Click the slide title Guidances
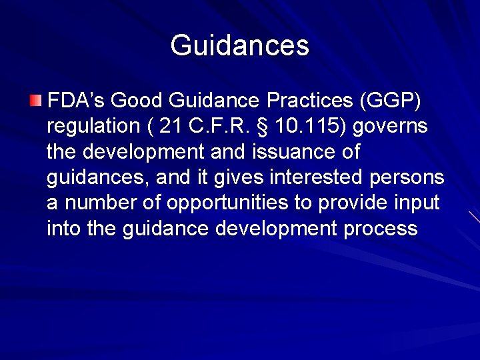[x=240, y=46]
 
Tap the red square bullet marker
[x=35, y=101]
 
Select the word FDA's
[x=75, y=101]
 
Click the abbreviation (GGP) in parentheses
[x=390, y=101]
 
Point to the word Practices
[x=309, y=101]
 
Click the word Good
[x=137, y=101]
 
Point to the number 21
[x=171, y=127]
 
